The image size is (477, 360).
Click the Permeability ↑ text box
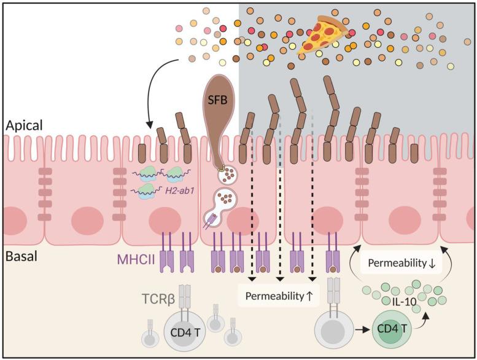[x=279, y=295]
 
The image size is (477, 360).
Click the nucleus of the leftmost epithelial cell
[x=13, y=221]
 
